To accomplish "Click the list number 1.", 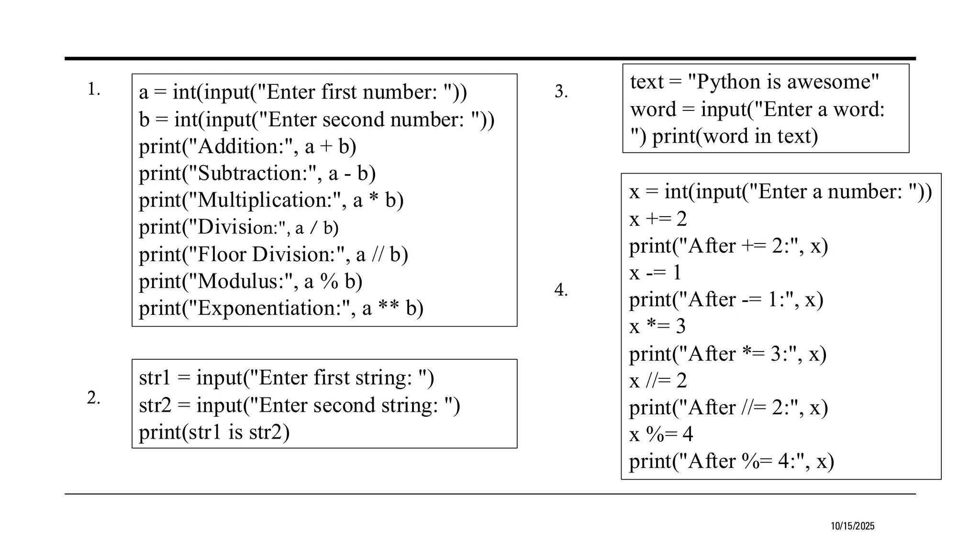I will tap(93, 89).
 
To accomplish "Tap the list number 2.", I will tap(93, 398).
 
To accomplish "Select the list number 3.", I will tap(561, 91).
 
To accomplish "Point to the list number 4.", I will tap(561, 290).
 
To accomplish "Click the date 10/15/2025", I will tap(852, 526).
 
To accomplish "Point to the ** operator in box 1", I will tap(388, 308).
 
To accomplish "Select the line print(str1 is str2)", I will tap(214, 432).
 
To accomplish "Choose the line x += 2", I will tap(658, 219).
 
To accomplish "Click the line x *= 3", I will tap(657, 327).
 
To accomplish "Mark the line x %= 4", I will tap(661, 434).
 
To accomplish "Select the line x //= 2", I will tap(658, 381).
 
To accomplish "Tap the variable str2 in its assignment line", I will tap(155, 405).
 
